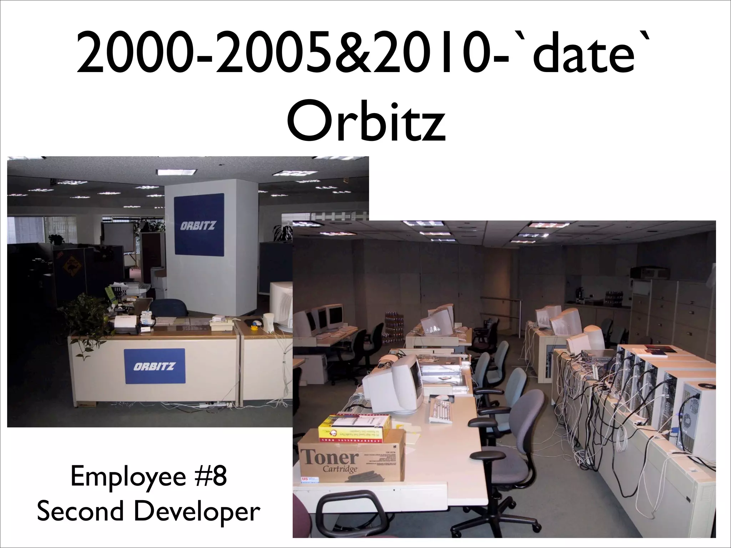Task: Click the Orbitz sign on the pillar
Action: pos(198,225)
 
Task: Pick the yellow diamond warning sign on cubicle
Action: pos(71,265)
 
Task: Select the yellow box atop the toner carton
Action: pos(354,427)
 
